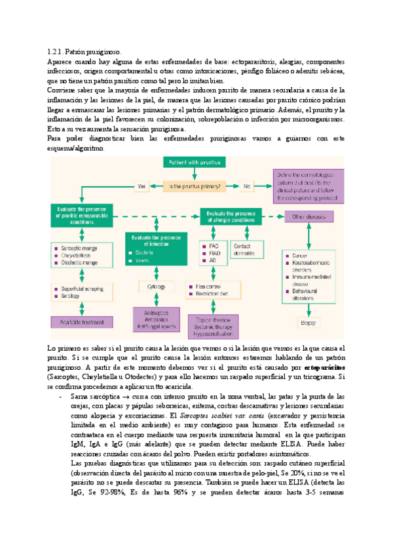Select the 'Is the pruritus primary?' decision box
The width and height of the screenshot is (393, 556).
pos(196,186)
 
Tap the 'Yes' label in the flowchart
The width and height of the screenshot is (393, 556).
pos(141,186)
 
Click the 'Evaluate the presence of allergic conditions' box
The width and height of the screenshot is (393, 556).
pos(233,217)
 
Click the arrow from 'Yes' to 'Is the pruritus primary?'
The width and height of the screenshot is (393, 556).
pos(155,186)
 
